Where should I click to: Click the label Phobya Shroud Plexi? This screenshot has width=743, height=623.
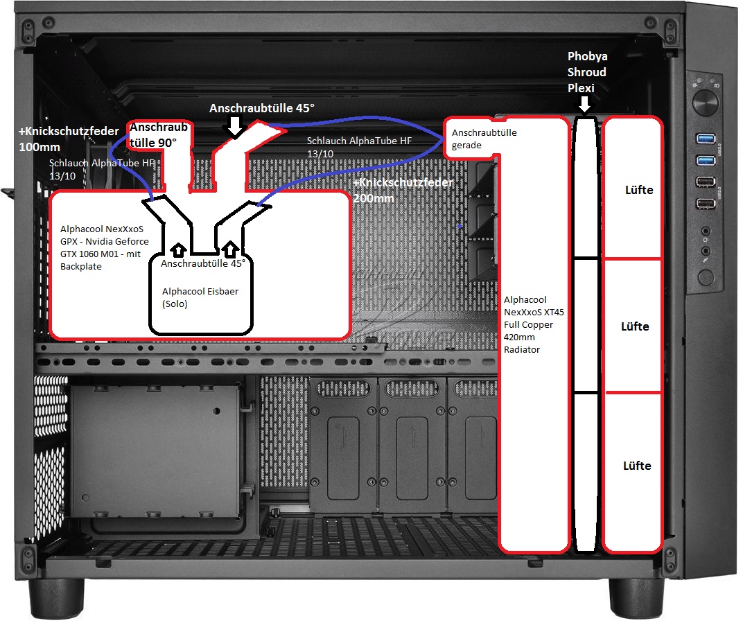point(587,72)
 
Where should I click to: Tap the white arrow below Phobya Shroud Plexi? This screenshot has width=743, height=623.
point(585,104)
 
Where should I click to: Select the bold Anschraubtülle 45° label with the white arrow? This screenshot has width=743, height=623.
point(261,109)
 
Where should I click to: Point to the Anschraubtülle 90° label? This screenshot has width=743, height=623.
point(159,135)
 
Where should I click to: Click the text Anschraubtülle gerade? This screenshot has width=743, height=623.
point(484,139)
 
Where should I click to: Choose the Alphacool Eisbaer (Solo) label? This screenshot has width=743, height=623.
point(200,297)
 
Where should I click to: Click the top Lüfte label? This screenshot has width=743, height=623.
point(639,190)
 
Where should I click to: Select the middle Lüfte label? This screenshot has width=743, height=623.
point(635,326)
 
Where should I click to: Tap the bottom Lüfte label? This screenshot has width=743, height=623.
point(637,466)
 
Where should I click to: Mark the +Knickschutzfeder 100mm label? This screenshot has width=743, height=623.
point(69,139)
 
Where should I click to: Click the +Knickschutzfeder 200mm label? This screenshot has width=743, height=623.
point(403,191)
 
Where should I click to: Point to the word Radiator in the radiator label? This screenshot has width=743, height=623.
point(522,350)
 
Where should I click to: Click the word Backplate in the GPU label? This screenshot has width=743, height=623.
point(81,267)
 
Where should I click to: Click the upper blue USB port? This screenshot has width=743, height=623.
point(705,139)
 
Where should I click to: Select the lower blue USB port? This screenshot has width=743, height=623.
point(705,160)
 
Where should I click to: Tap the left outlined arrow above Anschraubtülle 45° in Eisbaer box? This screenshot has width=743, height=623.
point(178,249)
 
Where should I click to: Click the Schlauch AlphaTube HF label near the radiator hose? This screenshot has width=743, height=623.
point(359,148)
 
